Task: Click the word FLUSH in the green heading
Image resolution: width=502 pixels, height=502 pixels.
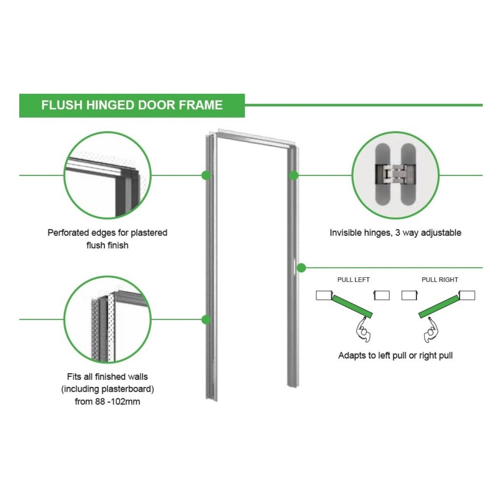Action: (x=62, y=105)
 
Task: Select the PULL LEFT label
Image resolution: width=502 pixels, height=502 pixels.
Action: (x=353, y=279)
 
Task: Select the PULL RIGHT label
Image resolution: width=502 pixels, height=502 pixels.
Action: (x=440, y=279)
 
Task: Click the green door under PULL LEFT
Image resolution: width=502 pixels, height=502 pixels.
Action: (x=352, y=306)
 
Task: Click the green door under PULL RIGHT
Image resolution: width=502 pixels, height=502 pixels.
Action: (x=438, y=306)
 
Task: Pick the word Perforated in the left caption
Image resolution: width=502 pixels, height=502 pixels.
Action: (x=69, y=233)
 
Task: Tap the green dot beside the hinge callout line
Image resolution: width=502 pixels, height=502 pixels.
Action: (x=294, y=175)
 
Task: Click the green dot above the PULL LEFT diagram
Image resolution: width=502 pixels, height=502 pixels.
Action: (x=301, y=268)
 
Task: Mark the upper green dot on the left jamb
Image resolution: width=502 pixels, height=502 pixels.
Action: (x=206, y=175)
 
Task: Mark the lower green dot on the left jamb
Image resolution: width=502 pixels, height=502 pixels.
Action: (x=206, y=319)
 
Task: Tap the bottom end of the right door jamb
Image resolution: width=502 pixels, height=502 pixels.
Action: (x=293, y=386)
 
